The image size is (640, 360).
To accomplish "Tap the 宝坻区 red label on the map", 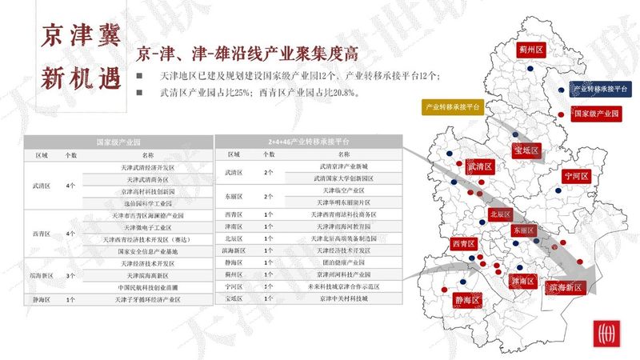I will (527, 150).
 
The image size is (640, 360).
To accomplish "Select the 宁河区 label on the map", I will (576, 175).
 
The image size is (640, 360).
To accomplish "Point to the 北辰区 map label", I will (500, 214).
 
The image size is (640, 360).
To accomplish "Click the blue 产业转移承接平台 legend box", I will (600, 89).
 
